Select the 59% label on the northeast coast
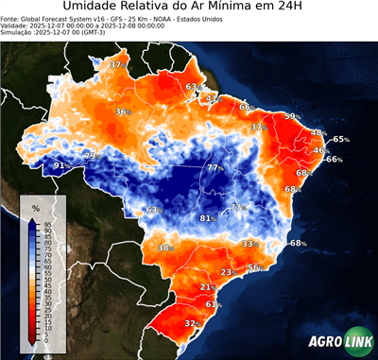(294, 116)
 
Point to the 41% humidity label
(214, 98)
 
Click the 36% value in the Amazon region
(123, 111)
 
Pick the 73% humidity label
(92, 155)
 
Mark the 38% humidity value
(165, 248)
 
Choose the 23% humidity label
(227, 272)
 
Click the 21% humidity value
(208, 286)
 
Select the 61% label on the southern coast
(214, 304)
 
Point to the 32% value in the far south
(192, 323)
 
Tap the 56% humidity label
(254, 267)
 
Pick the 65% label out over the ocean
(341, 139)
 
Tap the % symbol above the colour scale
(36, 207)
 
